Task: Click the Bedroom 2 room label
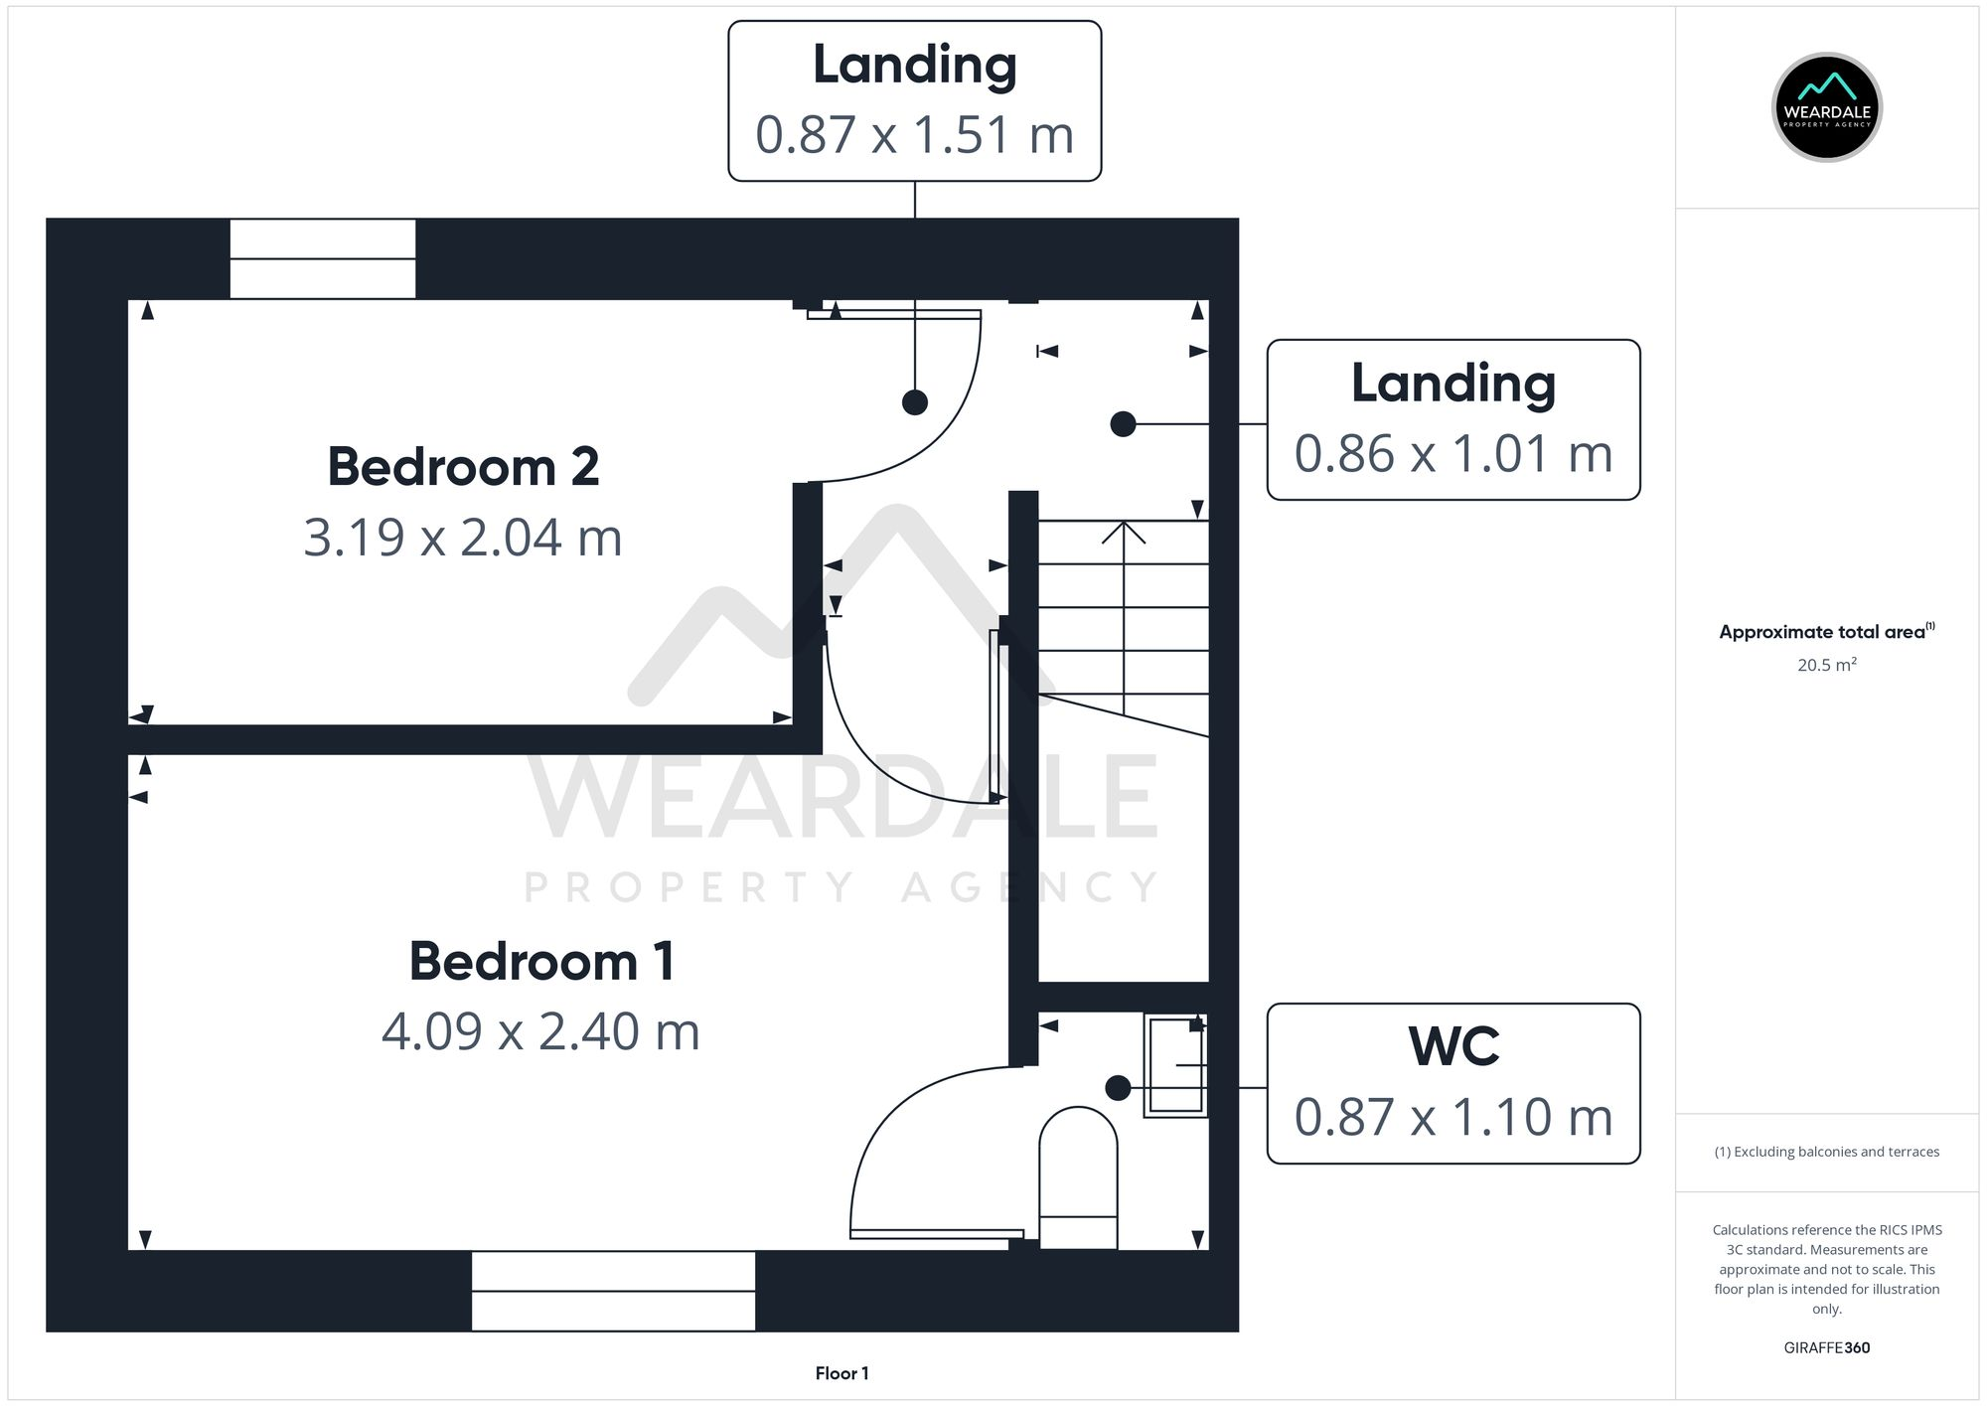[463, 467]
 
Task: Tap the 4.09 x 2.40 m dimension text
[540, 1031]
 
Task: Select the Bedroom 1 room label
[541, 962]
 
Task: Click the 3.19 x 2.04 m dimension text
[463, 538]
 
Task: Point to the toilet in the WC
[1078, 1177]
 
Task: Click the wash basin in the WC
[1175, 1065]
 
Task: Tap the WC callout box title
[1452, 1046]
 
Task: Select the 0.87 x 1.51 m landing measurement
[914, 135]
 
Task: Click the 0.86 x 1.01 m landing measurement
[1452, 454]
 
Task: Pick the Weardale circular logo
[1826, 107]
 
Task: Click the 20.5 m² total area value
[1826, 665]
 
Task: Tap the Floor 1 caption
[841, 1373]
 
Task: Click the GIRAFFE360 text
[1826, 1348]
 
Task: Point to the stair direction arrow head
[1124, 531]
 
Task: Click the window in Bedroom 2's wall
[323, 258]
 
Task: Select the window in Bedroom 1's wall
[613, 1291]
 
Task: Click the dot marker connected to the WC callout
[1118, 1088]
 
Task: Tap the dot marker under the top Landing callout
[914, 402]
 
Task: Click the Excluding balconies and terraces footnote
[1826, 1152]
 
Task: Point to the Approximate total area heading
[1821, 632]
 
